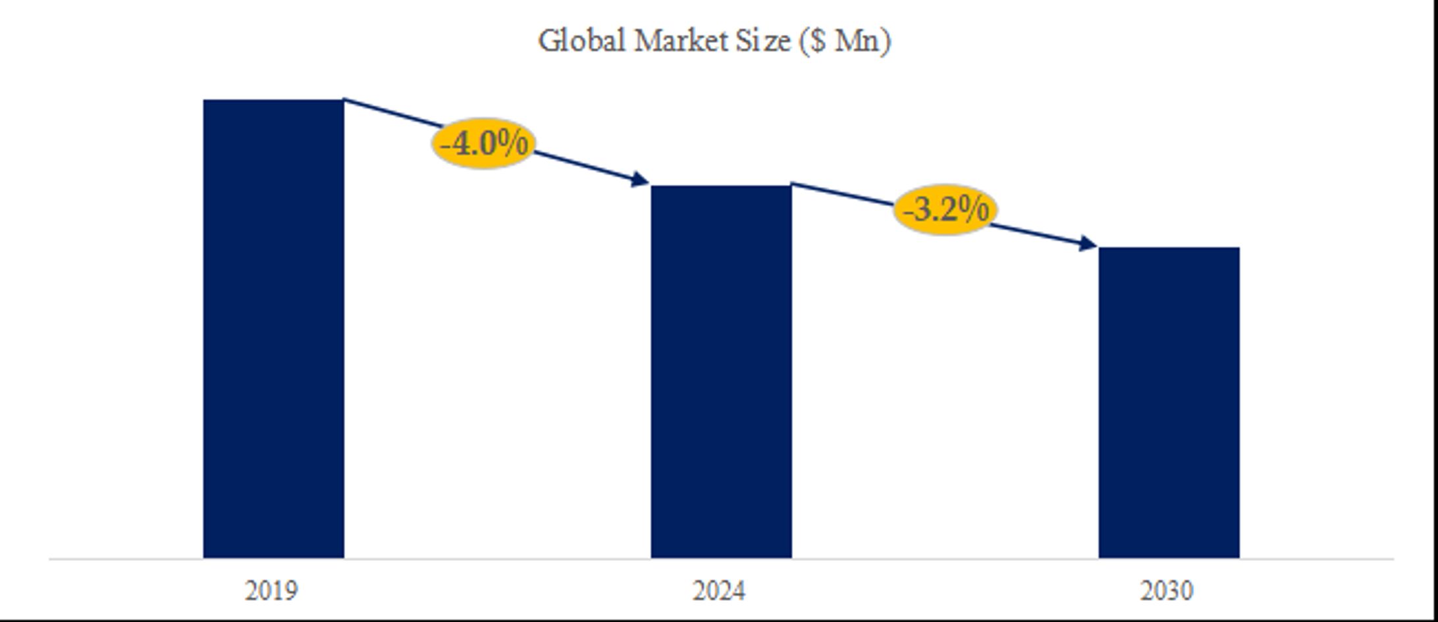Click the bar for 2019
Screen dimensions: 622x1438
(273, 329)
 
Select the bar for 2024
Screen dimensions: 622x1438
(721, 372)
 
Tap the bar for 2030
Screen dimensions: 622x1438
(1169, 403)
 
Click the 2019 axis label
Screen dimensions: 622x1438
(271, 591)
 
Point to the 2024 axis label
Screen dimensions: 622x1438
(719, 591)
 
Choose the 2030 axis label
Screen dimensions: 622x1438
(1167, 591)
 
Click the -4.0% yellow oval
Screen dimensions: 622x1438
(483, 143)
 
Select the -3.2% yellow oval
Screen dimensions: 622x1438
(945, 210)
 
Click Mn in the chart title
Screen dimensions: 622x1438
(858, 41)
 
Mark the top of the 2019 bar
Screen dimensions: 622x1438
(273, 101)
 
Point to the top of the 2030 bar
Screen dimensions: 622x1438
(1169, 249)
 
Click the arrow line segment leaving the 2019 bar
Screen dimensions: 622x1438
(388, 112)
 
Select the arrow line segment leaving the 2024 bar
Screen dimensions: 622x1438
(843, 195)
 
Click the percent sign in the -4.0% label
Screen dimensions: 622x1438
(514, 143)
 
